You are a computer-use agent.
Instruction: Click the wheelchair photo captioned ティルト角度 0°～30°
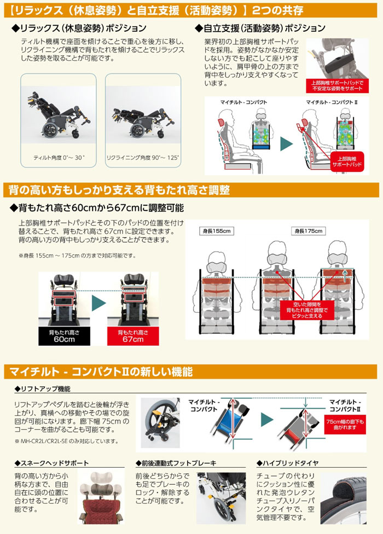[58, 116]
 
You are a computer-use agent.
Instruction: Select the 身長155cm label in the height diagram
[218, 231]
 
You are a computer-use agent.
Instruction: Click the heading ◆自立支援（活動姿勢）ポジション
[260, 28]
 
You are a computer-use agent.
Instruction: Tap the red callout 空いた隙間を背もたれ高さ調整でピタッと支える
[303, 309]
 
